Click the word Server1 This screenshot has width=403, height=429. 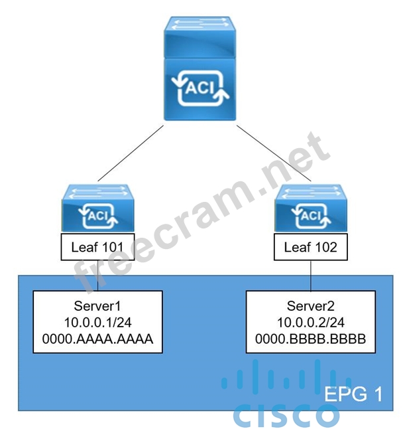[98, 306]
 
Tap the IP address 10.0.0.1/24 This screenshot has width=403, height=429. [98, 322]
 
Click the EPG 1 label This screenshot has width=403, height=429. [353, 394]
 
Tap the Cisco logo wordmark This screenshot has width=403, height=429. [286, 415]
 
